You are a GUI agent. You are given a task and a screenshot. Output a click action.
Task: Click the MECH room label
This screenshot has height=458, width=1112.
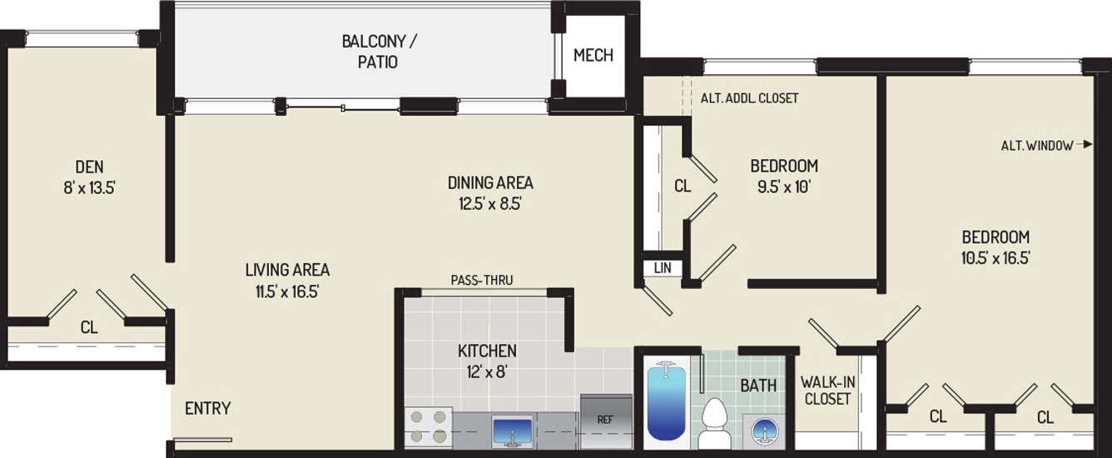[593, 55]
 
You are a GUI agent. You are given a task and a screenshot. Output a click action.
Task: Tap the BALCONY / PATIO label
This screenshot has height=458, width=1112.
[379, 51]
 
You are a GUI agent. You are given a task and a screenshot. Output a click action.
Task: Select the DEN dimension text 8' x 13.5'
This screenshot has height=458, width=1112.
[89, 187]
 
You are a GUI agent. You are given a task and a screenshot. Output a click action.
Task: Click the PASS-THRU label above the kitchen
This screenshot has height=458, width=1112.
[482, 280]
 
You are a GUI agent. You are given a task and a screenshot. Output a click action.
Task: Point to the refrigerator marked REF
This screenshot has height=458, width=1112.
[606, 421]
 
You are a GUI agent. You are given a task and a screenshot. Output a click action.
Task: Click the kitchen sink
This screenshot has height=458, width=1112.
[512, 431]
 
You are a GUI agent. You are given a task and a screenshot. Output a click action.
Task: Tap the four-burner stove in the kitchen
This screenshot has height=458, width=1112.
[429, 426]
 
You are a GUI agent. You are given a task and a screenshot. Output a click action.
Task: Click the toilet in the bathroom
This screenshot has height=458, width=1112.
[714, 423]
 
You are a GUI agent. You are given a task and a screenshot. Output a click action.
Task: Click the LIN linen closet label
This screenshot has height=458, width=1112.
[663, 268]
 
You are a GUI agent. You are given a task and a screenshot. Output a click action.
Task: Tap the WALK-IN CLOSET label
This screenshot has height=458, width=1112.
[827, 391]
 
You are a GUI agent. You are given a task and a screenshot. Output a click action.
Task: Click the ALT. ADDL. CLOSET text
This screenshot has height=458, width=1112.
[749, 98]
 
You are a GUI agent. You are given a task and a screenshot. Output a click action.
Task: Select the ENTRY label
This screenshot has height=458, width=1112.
[207, 408]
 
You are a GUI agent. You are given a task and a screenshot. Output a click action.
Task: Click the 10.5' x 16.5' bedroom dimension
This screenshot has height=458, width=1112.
[995, 259]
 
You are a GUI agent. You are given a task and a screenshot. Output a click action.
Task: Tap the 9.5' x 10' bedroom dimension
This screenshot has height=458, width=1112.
[784, 187]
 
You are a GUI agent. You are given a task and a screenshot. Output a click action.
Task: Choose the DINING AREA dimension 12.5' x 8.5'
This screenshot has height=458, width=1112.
[490, 204]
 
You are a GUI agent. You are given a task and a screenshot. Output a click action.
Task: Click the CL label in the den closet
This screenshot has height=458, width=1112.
[89, 327]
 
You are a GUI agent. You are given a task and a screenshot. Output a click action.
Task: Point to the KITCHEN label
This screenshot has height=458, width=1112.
[487, 351]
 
